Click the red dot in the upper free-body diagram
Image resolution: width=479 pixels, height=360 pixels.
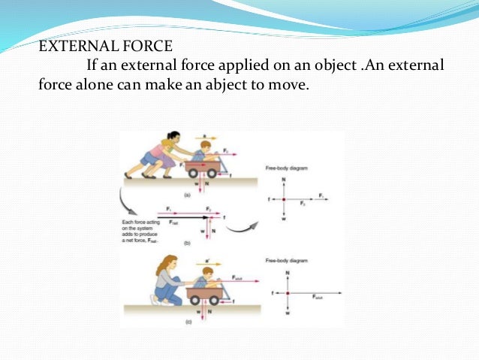[283, 199]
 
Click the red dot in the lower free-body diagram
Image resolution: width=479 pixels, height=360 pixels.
[288, 293]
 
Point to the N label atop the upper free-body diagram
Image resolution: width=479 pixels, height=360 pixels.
[283, 179]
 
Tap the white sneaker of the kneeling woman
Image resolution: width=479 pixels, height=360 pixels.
[155, 300]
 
